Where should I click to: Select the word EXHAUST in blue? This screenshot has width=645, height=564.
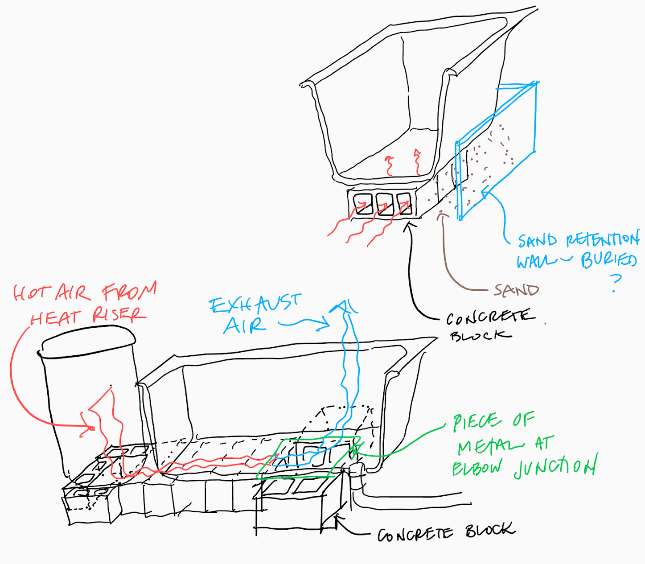[255, 305]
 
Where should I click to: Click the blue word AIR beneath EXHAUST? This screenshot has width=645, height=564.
[244, 325]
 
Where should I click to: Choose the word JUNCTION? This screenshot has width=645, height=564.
[555, 467]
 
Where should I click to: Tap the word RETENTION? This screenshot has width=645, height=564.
[603, 241]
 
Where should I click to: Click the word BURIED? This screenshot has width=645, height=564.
[608, 260]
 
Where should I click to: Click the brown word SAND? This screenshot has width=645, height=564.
[516, 290]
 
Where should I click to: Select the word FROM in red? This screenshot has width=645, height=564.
[129, 292]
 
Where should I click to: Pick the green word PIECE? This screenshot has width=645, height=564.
[476, 423]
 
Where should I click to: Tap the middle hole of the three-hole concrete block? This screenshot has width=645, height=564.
[384, 204]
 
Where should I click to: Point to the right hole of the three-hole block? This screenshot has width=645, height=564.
[404, 203]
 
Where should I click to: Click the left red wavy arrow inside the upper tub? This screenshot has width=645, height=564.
[390, 165]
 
